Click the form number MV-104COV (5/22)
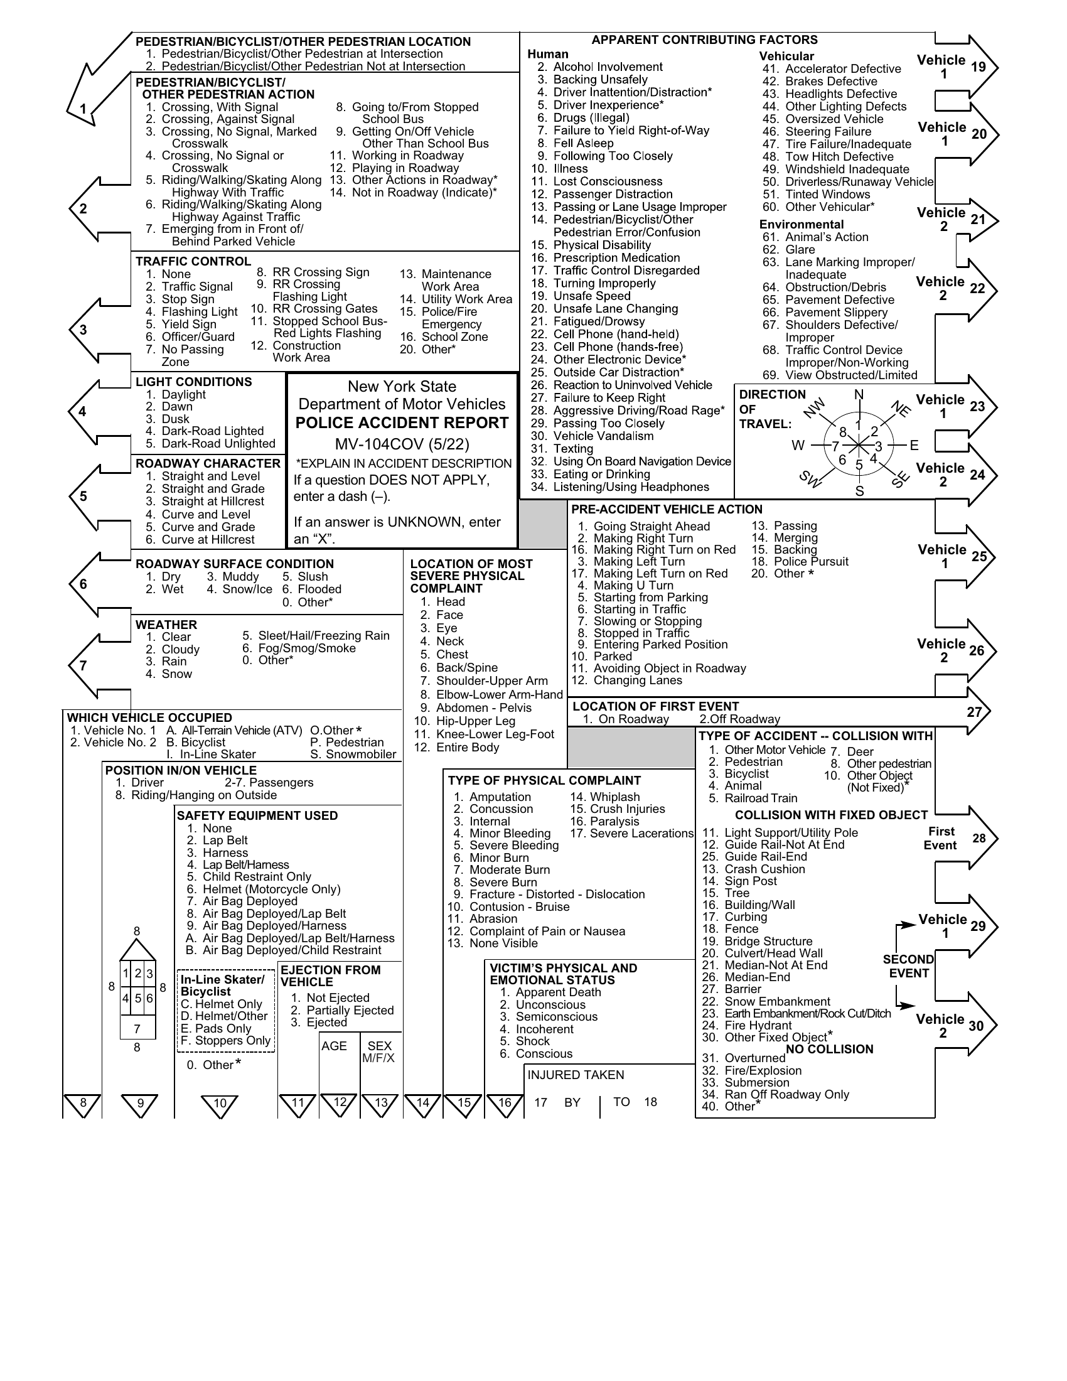click(x=402, y=444)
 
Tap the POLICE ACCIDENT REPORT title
click(x=402, y=423)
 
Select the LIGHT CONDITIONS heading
click(x=193, y=382)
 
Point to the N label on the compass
click(x=859, y=395)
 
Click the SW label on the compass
click(x=811, y=479)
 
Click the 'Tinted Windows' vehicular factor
click(x=816, y=194)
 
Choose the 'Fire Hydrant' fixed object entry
click(x=746, y=1025)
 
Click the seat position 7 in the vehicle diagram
click(x=137, y=1029)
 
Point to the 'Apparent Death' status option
click(x=550, y=992)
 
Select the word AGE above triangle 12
click(x=334, y=1046)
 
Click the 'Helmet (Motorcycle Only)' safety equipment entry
click(x=264, y=889)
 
